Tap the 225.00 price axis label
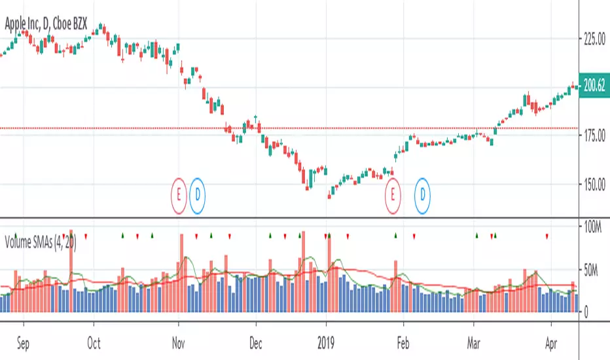pyautogui.click(x=596, y=40)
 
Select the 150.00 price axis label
pyautogui.click(x=596, y=185)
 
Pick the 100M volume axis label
pyautogui.click(x=596, y=226)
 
